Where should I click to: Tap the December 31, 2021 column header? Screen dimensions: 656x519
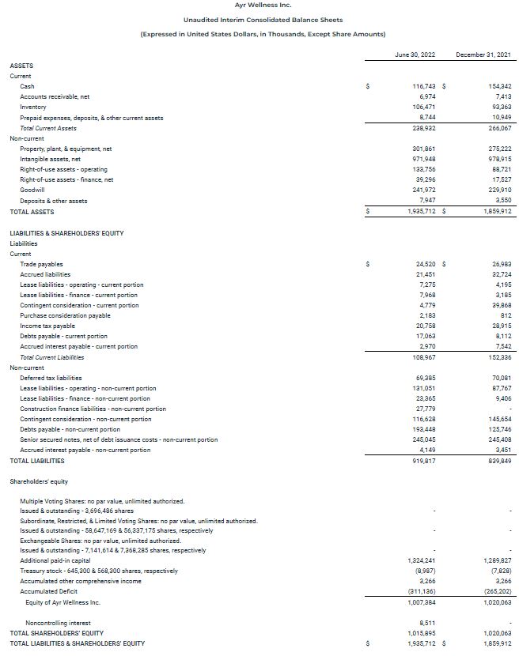pos(483,54)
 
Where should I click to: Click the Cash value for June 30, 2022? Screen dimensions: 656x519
pos(425,85)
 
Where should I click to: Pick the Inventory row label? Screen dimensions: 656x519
pos(33,107)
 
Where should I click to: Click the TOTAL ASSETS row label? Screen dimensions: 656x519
pos(32,212)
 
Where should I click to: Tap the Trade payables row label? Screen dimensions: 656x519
pos(41,264)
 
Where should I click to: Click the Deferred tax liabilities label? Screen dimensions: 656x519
pos(51,378)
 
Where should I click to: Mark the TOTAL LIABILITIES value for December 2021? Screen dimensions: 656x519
pos(498,461)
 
